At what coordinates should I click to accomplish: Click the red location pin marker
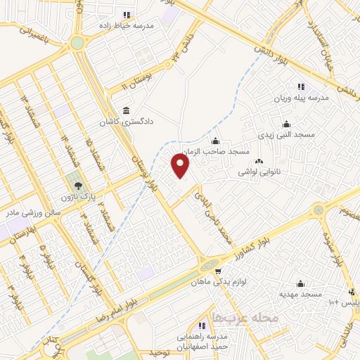[181, 166]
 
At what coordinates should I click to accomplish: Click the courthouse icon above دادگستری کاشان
[126, 110]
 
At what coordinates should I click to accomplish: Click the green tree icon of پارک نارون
[73, 186]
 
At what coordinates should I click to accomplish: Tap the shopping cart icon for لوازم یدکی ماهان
[218, 271]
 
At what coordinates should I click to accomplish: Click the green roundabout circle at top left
[77, 43]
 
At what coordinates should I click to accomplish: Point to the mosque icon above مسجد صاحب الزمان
[215, 141]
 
